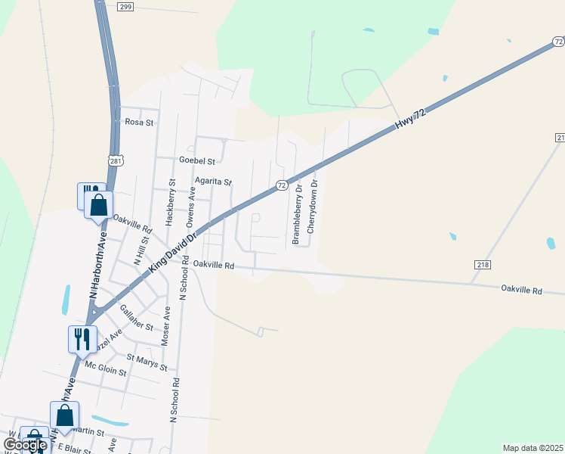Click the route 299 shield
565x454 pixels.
(126, 6)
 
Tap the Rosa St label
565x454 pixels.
(139, 122)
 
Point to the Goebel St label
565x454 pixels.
(197, 161)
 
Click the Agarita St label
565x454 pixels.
(213, 182)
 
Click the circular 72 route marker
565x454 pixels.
(281, 185)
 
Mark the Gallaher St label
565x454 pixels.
(137, 318)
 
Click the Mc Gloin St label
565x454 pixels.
(106, 371)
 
